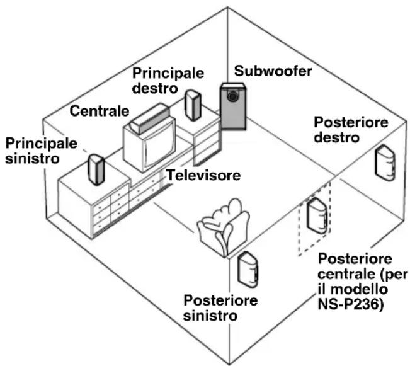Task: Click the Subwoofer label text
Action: [x=273, y=71]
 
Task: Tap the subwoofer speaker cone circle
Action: [x=232, y=96]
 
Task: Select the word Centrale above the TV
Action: [x=100, y=111]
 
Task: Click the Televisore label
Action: [x=203, y=175]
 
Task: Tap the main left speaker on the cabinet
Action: [x=96, y=170]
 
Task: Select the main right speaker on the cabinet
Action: [x=193, y=105]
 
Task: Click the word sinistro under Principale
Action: [x=33, y=158]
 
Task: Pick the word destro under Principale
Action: [x=155, y=88]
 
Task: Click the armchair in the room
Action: [x=224, y=227]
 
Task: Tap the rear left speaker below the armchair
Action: [x=248, y=269]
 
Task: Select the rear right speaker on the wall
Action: [x=385, y=163]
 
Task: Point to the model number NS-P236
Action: [x=350, y=304]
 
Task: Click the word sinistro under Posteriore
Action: [x=210, y=316]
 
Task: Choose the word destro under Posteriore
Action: [x=337, y=137]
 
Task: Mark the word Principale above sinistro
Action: [x=42, y=143]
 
